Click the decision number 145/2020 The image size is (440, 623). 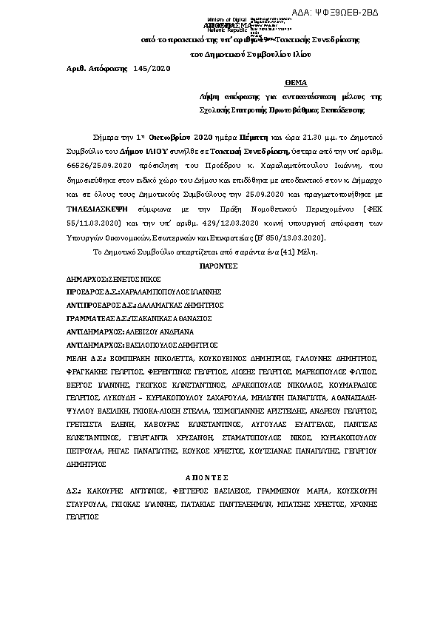point(151,67)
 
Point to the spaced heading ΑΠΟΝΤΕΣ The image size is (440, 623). point(220,478)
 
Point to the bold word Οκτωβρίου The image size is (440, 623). point(170,138)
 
